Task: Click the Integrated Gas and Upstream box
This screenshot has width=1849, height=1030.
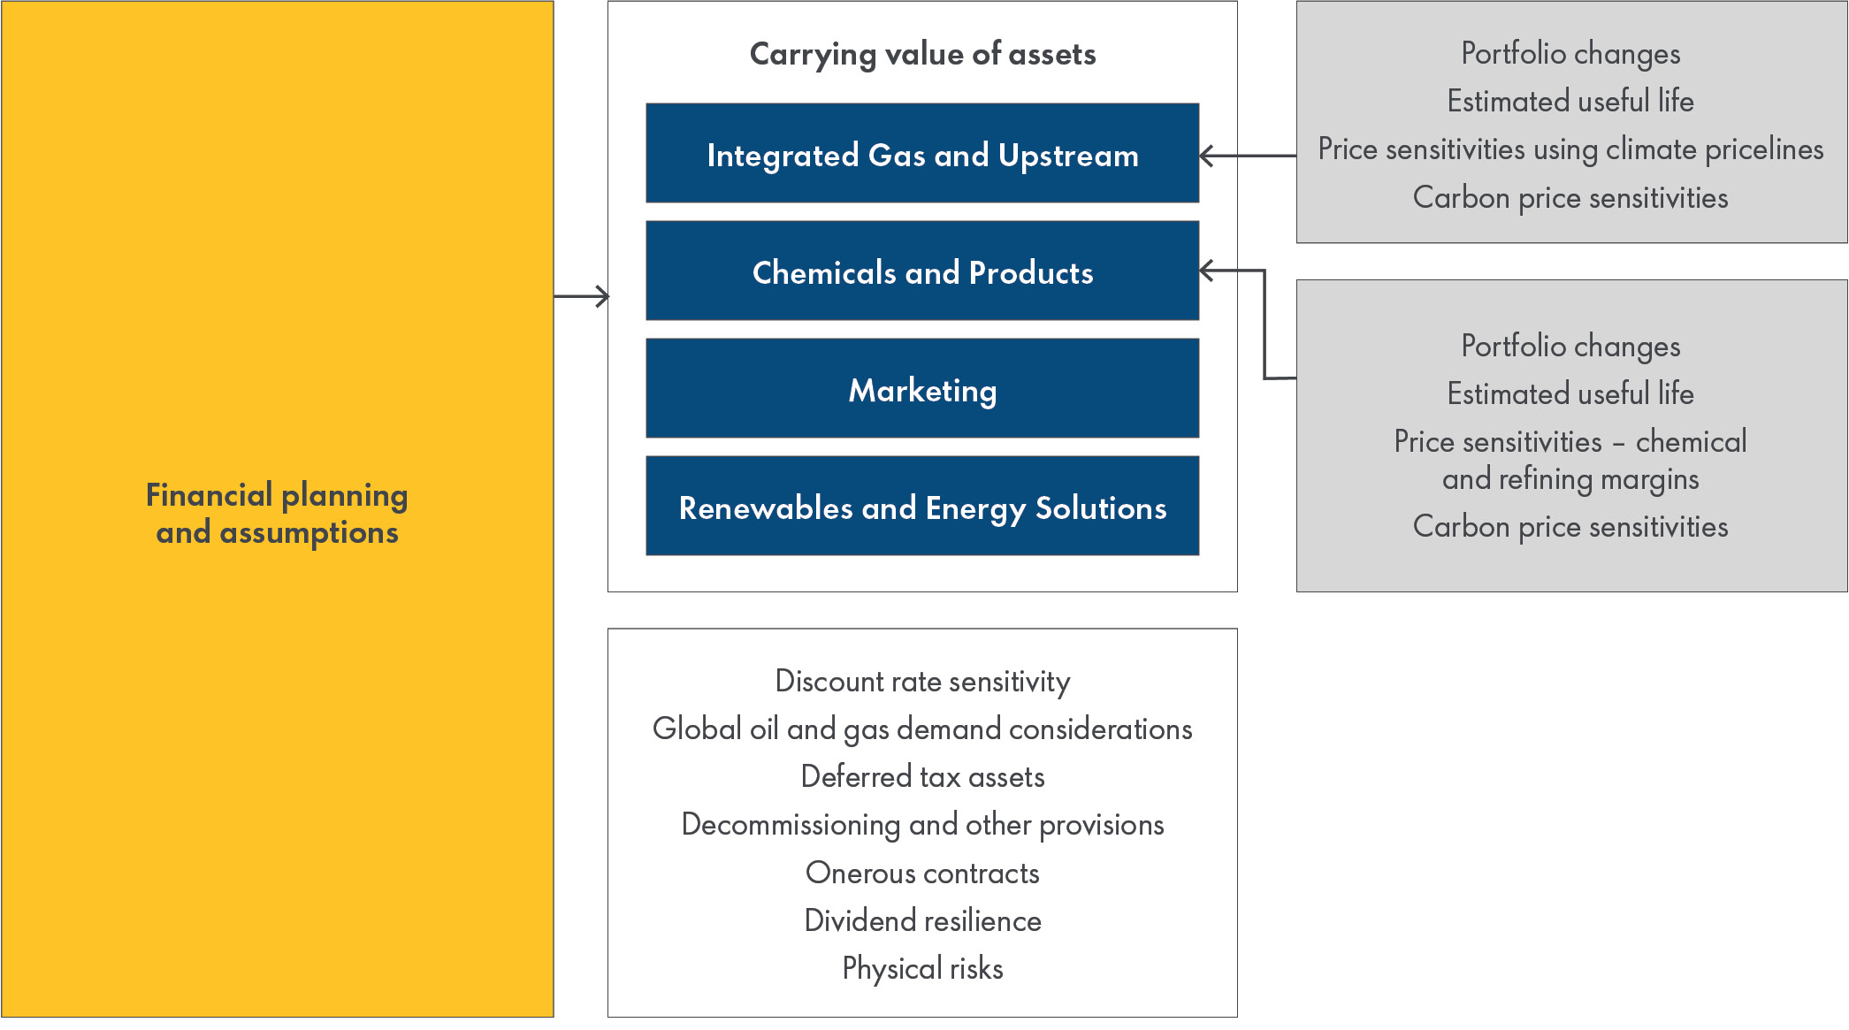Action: pyautogui.click(x=922, y=154)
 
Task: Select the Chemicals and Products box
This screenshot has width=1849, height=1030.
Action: pyautogui.click(x=922, y=271)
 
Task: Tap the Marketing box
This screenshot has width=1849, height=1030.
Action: pyautogui.click(x=922, y=389)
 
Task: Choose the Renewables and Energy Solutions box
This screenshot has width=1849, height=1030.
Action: pyautogui.click(x=922, y=507)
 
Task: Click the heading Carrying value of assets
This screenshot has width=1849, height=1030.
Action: pyautogui.click(x=922, y=54)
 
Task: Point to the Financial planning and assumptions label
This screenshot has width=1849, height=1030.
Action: pyautogui.click(x=277, y=513)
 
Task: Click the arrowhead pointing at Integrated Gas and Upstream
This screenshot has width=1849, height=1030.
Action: pyautogui.click(x=1206, y=156)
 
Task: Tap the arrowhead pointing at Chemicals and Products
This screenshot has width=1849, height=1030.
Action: pyautogui.click(x=1206, y=271)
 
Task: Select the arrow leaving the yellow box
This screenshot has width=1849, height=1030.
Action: pyautogui.click(x=584, y=296)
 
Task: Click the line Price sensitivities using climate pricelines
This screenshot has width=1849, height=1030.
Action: pyautogui.click(x=1570, y=149)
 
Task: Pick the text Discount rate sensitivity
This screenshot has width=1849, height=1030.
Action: pyautogui.click(x=922, y=681)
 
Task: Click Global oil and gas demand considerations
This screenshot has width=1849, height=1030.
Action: pyautogui.click(x=922, y=729)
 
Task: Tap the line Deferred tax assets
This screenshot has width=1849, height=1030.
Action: pyautogui.click(x=922, y=776)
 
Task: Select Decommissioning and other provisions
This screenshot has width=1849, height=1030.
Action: pyautogui.click(x=922, y=824)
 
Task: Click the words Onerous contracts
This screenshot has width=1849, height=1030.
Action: pyautogui.click(x=922, y=873)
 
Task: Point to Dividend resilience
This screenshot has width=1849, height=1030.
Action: pyautogui.click(x=922, y=920)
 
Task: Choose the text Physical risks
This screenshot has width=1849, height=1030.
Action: pyautogui.click(x=922, y=968)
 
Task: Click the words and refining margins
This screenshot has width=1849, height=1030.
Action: pyautogui.click(x=1570, y=479)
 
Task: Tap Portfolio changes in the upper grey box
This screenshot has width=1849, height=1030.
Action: pyautogui.click(x=1570, y=53)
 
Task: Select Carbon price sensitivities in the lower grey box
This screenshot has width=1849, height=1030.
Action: pyautogui.click(x=1570, y=526)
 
